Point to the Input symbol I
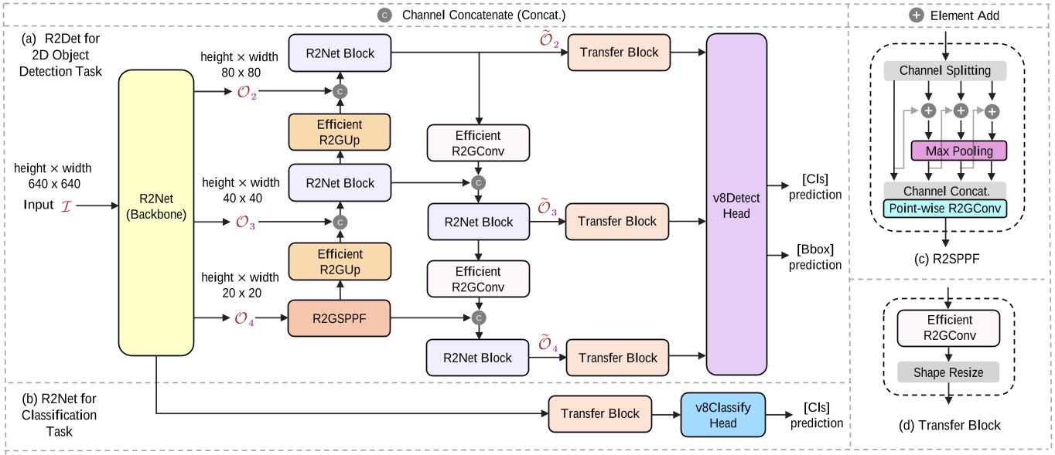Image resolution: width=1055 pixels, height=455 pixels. point(64,205)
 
